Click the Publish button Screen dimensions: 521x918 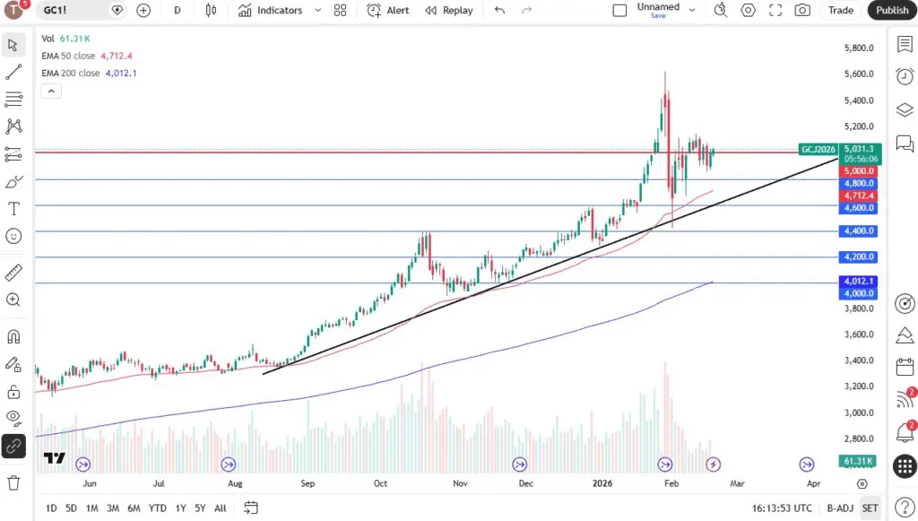point(892,10)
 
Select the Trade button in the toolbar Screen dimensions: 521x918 point(841,10)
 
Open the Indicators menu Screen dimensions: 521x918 point(271,10)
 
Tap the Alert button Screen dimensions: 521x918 point(388,10)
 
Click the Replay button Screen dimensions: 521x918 point(449,10)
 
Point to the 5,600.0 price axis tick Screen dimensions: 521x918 point(860,74)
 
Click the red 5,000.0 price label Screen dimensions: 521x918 point(860,170)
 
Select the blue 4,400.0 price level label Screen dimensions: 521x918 point(860,231)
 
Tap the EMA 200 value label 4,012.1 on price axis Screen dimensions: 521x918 point(860,282)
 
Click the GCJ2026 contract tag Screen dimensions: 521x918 point(818,149)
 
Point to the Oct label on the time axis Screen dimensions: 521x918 point(381,483)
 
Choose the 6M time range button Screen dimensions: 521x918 point(134,508)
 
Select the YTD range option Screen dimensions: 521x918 point(157,508)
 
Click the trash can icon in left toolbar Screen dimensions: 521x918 point(13,482)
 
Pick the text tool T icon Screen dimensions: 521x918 point(13,209)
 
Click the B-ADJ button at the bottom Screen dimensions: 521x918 point(839,508)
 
